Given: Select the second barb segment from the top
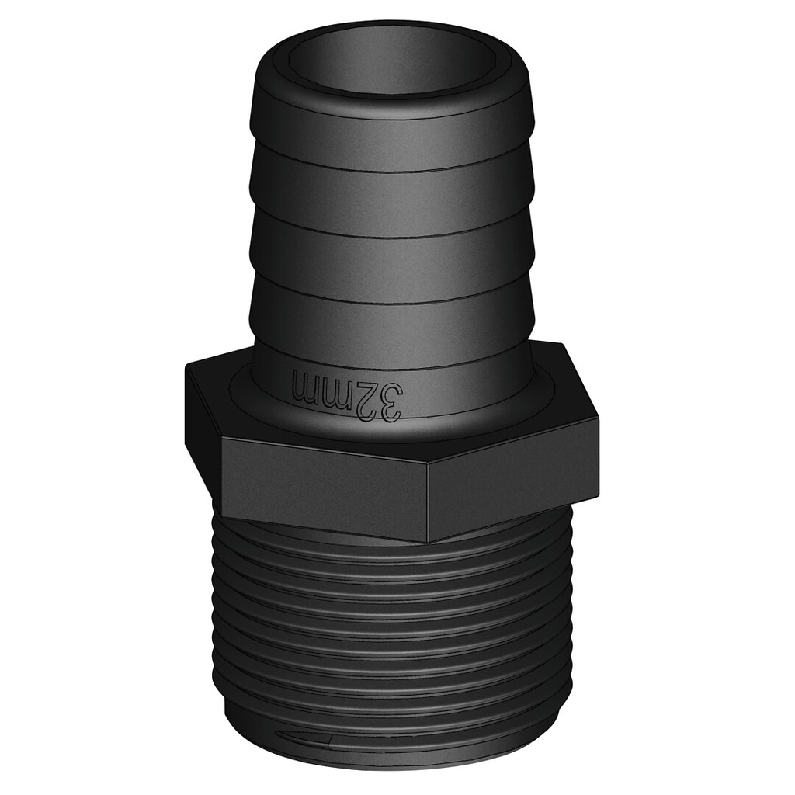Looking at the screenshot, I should point(391,194).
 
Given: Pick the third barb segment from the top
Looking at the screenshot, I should point(391,260).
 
